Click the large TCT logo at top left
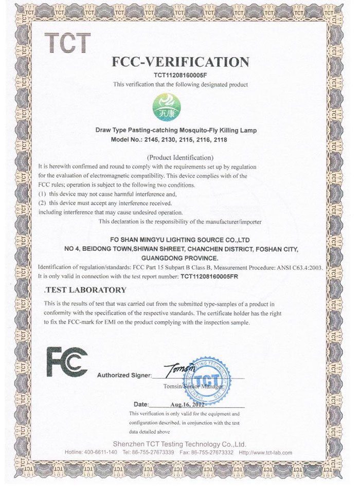(x=68, y=42)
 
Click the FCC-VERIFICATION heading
(x=180, y=62)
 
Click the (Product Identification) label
(x=180, y=157)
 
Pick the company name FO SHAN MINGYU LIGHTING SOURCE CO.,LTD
(x=180, y=240)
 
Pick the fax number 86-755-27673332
(x=212, y=452)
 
